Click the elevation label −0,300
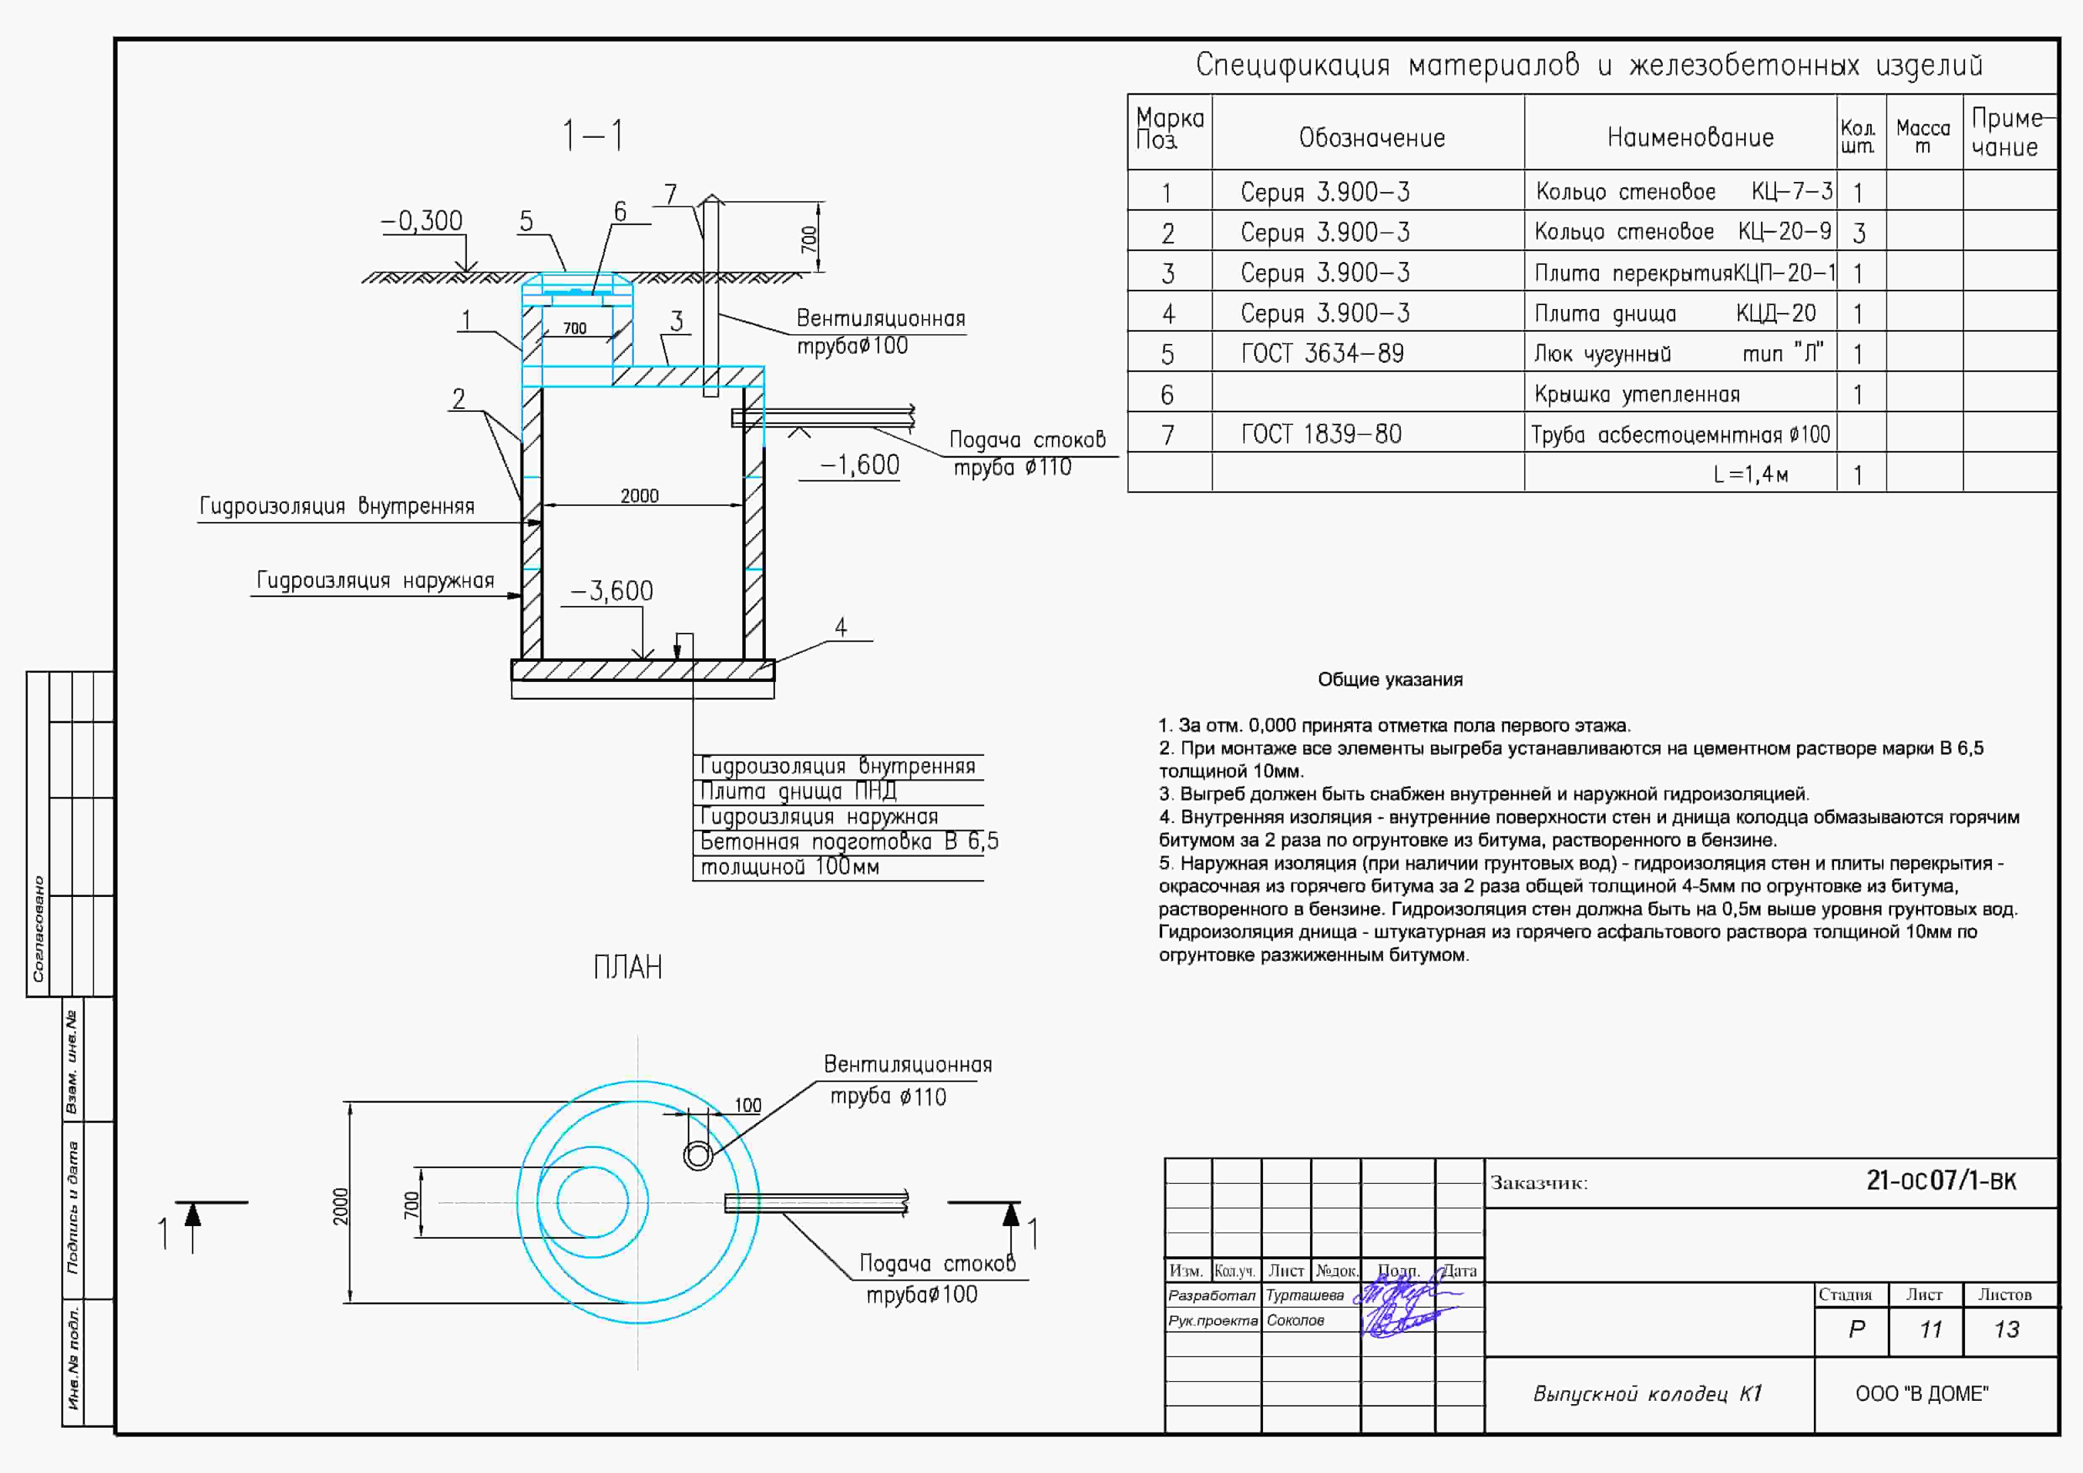[x=422, y=221]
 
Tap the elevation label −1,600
[x=859, y=465]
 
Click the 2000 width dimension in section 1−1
[x=639, y=495]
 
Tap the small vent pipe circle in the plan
[x=698, y=1156]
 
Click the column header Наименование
[x=1690, y=138]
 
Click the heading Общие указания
[x=1390, y=679]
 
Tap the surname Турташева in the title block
[x=1305, y=1295]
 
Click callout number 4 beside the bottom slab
[x=841, y=628]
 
